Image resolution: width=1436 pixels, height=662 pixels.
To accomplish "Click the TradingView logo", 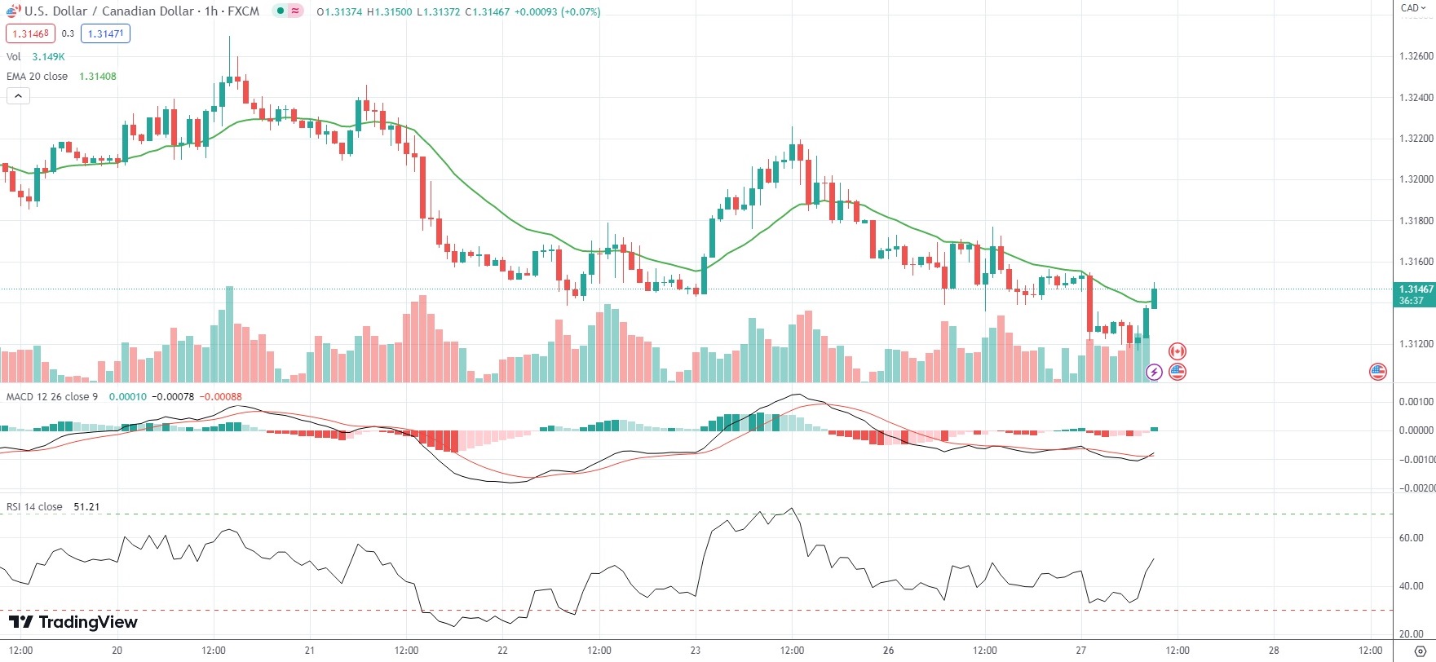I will (73, 622).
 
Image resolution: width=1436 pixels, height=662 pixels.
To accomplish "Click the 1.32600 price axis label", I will (1416, 56).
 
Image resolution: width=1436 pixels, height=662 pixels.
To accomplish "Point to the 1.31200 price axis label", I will (1416, 343).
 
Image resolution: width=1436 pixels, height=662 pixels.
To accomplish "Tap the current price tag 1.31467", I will (1416, 289).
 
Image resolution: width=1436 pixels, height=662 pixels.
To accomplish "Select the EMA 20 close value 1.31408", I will (98, 77).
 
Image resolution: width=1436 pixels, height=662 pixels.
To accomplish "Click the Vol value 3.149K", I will (48, 57).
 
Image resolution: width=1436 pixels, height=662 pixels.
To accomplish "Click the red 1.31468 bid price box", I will (31, 33).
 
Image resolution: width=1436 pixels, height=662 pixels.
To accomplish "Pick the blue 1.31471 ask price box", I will (106, 33).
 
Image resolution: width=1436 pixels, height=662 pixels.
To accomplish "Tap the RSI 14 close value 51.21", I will (86, 507).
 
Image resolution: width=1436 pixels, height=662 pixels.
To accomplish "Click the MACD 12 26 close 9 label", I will (51, 397).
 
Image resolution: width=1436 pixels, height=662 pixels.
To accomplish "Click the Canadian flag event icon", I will (1177, 351).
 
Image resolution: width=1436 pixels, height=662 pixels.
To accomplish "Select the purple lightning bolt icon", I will (1154, 373).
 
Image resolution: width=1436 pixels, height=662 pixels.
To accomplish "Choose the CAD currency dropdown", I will (1413, 8).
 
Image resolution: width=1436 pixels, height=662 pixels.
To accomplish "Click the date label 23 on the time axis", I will (696, 651).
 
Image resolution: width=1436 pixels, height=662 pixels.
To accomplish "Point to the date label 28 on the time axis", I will (1274, 651).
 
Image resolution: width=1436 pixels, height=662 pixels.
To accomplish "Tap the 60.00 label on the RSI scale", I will (1412, 538).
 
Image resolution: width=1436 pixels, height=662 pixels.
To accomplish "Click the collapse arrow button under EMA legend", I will (18, 96).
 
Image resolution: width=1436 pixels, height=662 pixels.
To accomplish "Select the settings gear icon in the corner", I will (1420, 651).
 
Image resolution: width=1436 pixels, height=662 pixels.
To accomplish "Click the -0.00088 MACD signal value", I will (221, 397).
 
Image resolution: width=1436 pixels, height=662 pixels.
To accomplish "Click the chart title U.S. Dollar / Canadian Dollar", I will (109, 11).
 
